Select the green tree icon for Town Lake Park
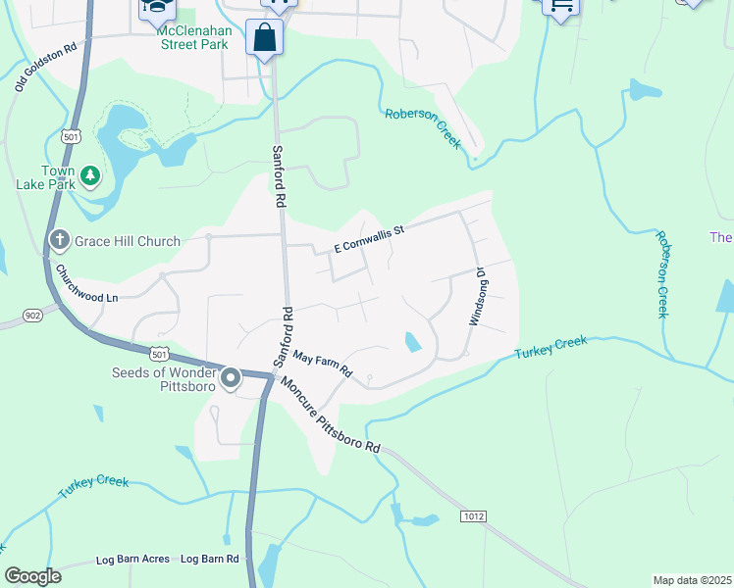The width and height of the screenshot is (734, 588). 90,174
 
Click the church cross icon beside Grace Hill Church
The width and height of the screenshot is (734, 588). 60,240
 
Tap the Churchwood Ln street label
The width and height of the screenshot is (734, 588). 85,284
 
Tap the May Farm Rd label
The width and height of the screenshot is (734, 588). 322,366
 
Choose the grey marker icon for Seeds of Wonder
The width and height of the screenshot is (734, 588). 231,377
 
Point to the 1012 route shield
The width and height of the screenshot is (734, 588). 473,515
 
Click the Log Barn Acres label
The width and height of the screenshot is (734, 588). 133,560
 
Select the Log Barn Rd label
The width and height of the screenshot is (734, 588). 210,560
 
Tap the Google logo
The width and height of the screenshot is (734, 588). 32,575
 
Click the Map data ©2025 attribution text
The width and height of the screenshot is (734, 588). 691,580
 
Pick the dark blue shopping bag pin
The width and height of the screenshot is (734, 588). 266,39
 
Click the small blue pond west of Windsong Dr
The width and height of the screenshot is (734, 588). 413,342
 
